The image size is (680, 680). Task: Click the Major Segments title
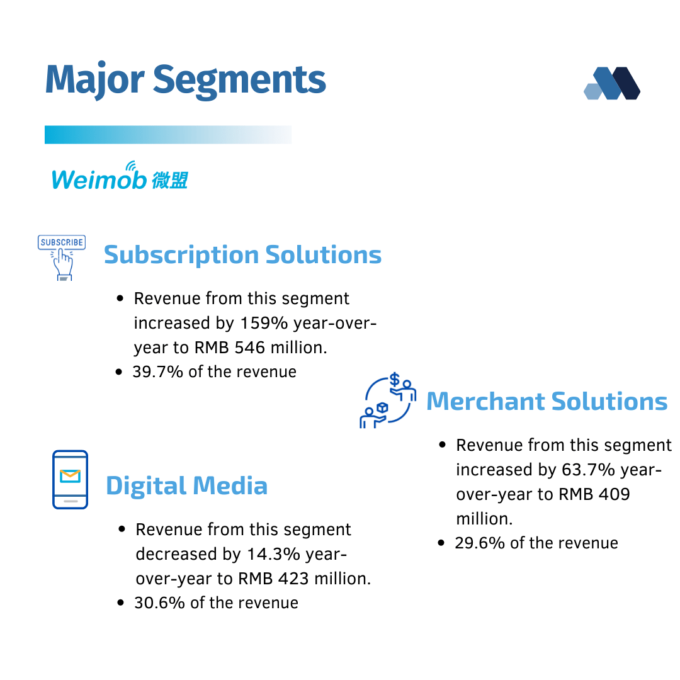point(185,80)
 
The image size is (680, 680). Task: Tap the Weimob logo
point(120,176)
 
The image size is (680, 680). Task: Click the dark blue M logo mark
point(612,83)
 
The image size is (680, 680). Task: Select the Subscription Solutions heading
point(242,254)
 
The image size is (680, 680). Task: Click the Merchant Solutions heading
point(547,401)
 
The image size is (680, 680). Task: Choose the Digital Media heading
point(186,485)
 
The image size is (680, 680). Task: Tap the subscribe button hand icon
point(62,258)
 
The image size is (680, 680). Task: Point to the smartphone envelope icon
point(71,480)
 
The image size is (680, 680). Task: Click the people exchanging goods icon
point(388,400)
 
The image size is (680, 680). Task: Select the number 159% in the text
point(264,323)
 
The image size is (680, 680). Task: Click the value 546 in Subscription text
point(249,348)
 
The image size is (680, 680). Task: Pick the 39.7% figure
point(158,372)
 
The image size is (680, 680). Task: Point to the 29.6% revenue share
point(480,543)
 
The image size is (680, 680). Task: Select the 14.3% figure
point(273,554)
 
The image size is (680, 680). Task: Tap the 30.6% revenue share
point(159,603)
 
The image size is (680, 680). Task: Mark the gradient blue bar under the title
point(168,135)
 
